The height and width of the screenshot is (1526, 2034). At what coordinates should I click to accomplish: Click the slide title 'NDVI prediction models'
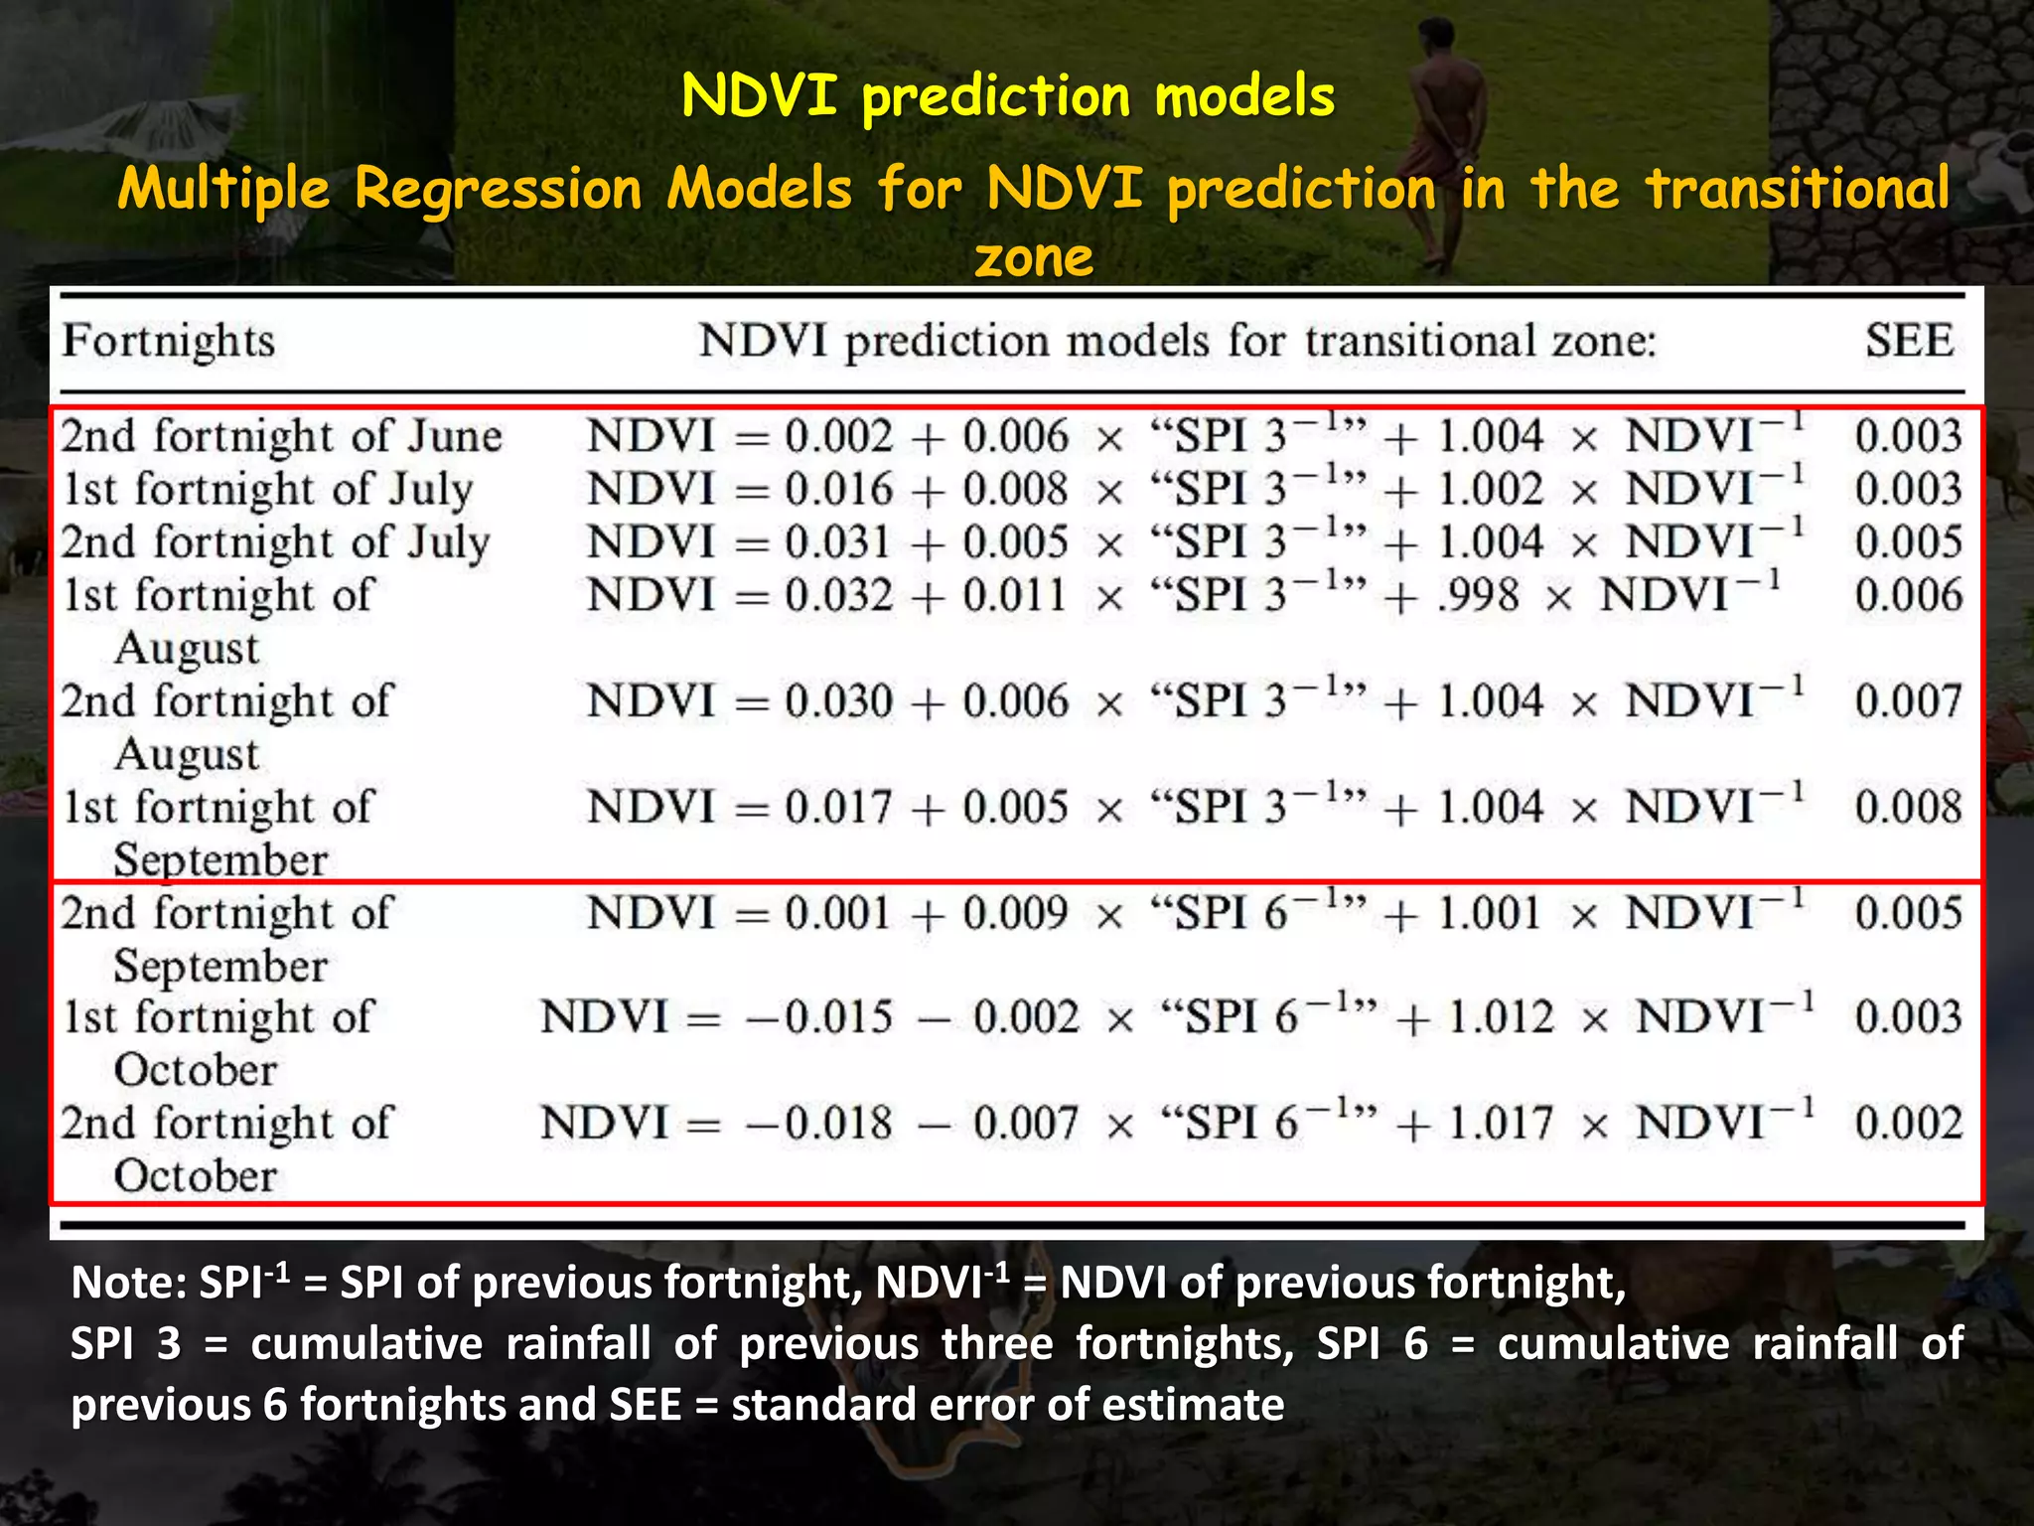pos(1007,97)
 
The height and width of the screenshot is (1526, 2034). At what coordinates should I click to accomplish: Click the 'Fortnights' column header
pos(168,341)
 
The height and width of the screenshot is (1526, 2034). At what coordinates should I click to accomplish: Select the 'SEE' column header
pos(1909,341)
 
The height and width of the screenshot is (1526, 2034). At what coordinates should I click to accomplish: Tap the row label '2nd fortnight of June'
pos(281,436)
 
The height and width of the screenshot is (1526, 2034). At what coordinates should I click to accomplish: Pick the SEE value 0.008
pos(1908,807)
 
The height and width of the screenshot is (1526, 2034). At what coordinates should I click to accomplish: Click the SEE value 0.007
pos(1908,701)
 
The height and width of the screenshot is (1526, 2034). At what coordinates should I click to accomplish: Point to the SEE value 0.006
pos(1908,595)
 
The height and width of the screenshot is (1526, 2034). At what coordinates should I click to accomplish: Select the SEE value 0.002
pos(1908,1124)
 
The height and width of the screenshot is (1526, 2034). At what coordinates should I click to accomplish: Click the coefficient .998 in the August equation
pos(1478,596)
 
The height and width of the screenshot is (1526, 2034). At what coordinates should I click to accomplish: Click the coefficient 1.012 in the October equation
pos(1501,1017)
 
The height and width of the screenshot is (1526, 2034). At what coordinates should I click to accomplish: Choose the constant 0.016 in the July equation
pos(838,490)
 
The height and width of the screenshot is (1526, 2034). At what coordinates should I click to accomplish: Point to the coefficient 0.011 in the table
pos(1014,596)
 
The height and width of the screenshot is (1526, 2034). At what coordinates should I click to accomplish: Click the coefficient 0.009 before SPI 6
pos(1014,913)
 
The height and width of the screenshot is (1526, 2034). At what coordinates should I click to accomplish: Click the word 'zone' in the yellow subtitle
pos(1033,257)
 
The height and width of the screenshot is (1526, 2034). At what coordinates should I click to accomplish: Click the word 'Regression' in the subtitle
pos(498,188)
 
